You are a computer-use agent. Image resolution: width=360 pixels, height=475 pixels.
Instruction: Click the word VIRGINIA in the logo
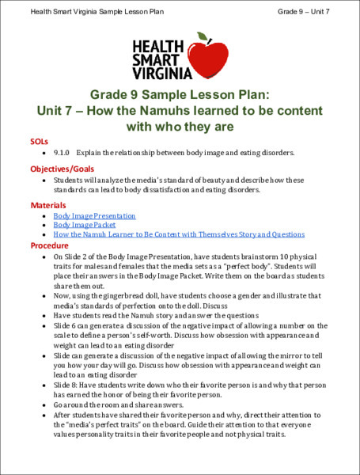tap(162, 74)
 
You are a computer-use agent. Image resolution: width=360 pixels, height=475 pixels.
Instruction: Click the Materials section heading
tap(47, 205)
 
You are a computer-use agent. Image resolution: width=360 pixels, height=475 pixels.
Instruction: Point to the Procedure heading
tap(49, 245)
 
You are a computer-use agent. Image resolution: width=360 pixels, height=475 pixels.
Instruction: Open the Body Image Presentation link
tap(94, 215)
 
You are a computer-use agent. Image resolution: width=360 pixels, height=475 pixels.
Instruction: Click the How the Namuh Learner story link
tap(179, 234)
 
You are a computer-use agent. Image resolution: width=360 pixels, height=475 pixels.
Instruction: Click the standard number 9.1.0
tap(63, 151)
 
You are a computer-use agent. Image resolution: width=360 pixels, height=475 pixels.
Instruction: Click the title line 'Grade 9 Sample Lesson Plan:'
tap(180, 93)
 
